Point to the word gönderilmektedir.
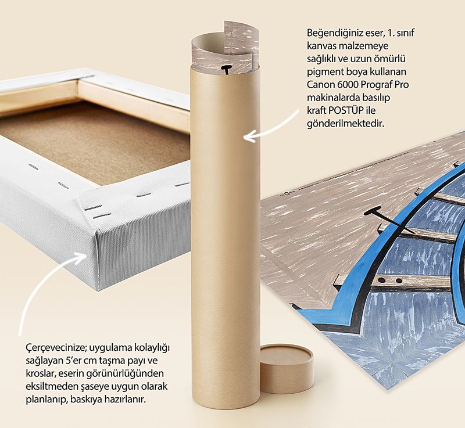(x=345, y=124)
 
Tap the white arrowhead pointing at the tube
(x=249, y=137)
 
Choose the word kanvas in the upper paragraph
(x=321, y=46)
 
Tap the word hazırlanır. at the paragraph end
(x=124, y=400)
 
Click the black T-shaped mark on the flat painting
(x=385, y=219)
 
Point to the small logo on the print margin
(x=286, y=195)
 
